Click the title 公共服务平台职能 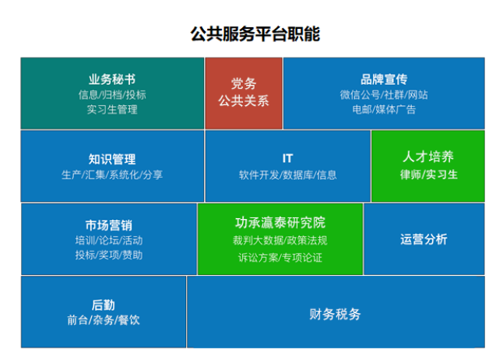255,34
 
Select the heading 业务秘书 112,79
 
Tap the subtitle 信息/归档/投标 112,95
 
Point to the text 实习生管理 112,110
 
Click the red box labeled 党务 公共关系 244,94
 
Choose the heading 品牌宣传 384,79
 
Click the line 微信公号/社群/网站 384,95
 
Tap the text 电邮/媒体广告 384,110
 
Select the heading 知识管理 112,159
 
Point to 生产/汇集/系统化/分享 112,175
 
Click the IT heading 287,159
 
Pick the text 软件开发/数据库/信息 287,175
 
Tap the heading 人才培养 428,157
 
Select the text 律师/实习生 428,175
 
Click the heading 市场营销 109,225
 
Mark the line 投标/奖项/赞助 109,256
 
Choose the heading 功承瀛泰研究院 280,223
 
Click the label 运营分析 424,239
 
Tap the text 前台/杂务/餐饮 104,319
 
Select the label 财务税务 335,314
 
